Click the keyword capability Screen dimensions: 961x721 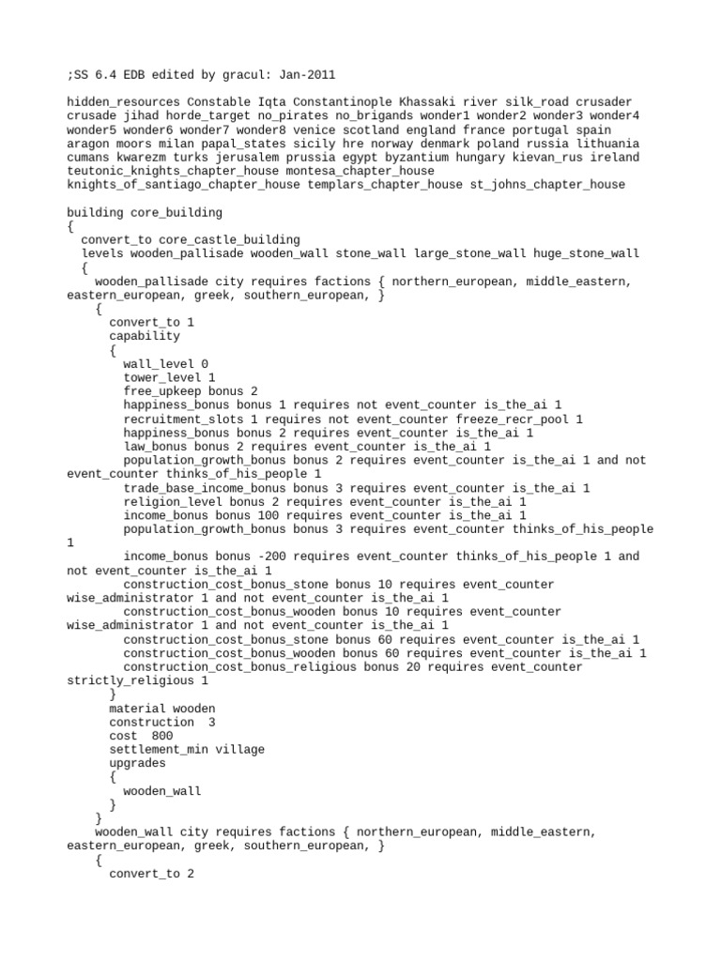(144, 336)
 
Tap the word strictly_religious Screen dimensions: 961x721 (130, 680)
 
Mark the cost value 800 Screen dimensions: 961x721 (161, 736)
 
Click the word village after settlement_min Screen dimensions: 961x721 (241, 750)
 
